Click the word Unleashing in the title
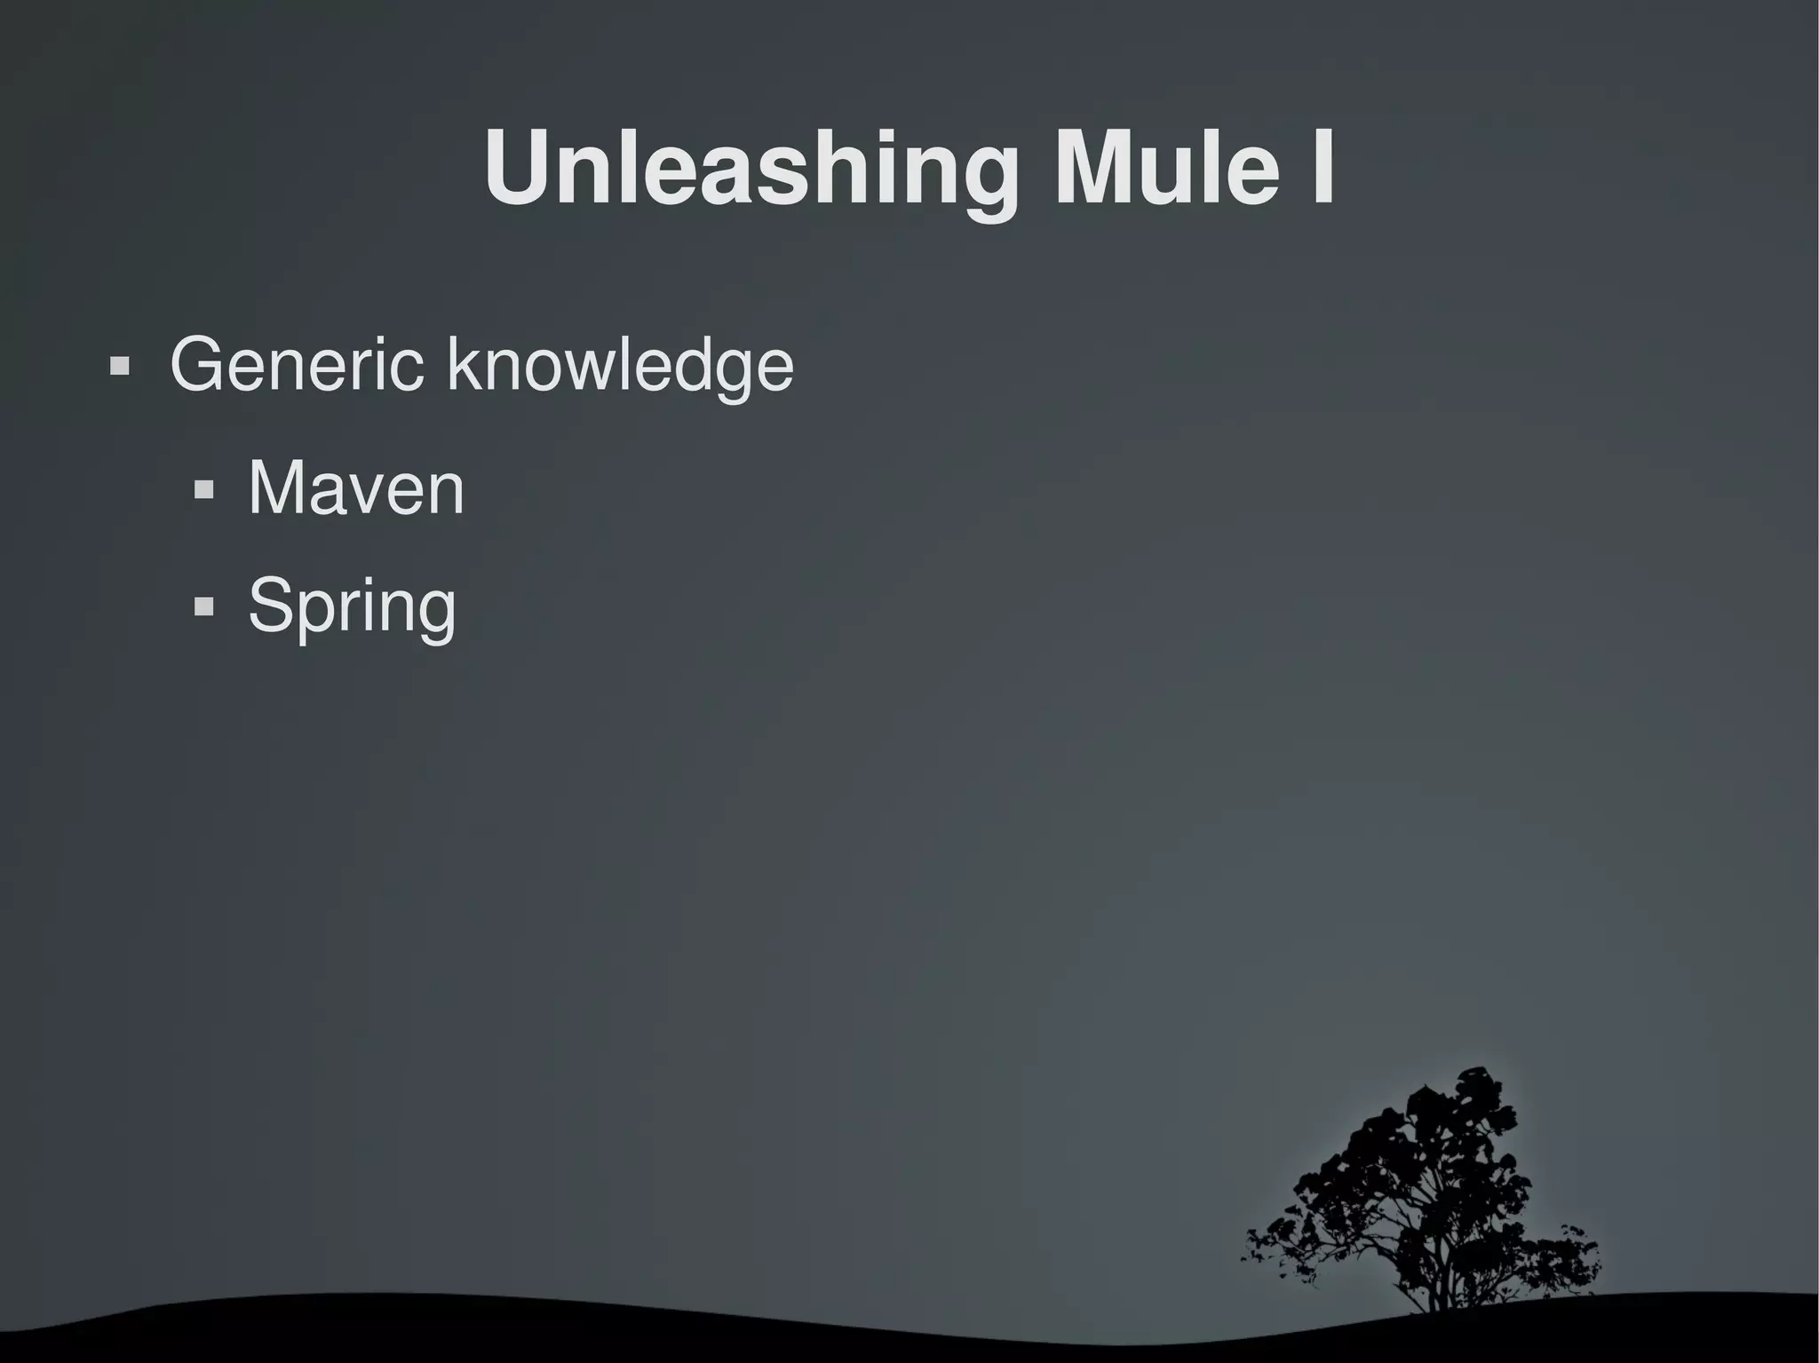click(751, 169)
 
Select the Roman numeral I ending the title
click(1320, 169)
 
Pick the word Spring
click(352, 606)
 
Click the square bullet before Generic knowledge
click(119, 366)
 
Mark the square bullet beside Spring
click(203, 607)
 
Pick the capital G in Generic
click(200, 364)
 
